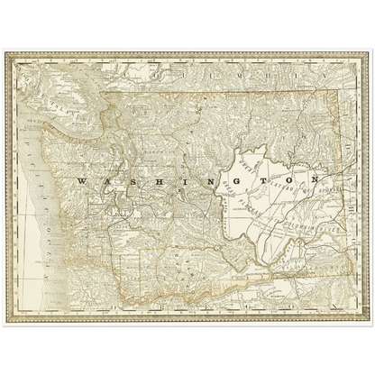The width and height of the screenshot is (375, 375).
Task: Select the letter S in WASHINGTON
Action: pyautogui.click(x=123, y=182)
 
